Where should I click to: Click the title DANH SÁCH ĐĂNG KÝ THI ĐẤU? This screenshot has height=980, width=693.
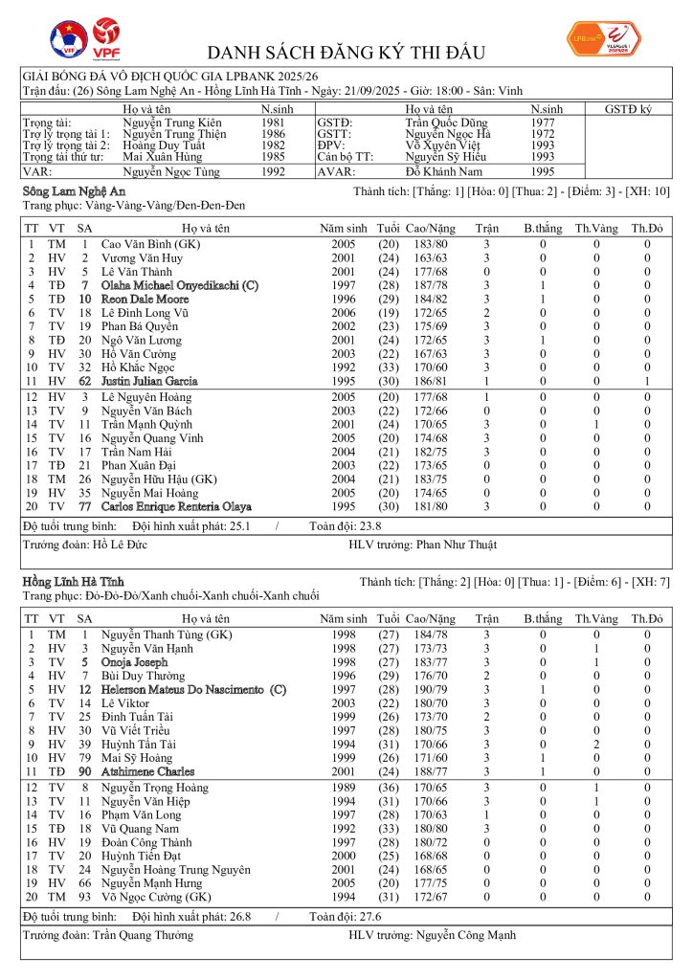point(346,52)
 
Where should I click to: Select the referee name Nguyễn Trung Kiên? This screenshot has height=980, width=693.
point(171,123)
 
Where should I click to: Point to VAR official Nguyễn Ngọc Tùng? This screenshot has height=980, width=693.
point(171,172)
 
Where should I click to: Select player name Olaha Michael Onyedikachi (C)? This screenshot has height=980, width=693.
point(180,285)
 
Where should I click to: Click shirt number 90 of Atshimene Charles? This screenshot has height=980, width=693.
point(84,771)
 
